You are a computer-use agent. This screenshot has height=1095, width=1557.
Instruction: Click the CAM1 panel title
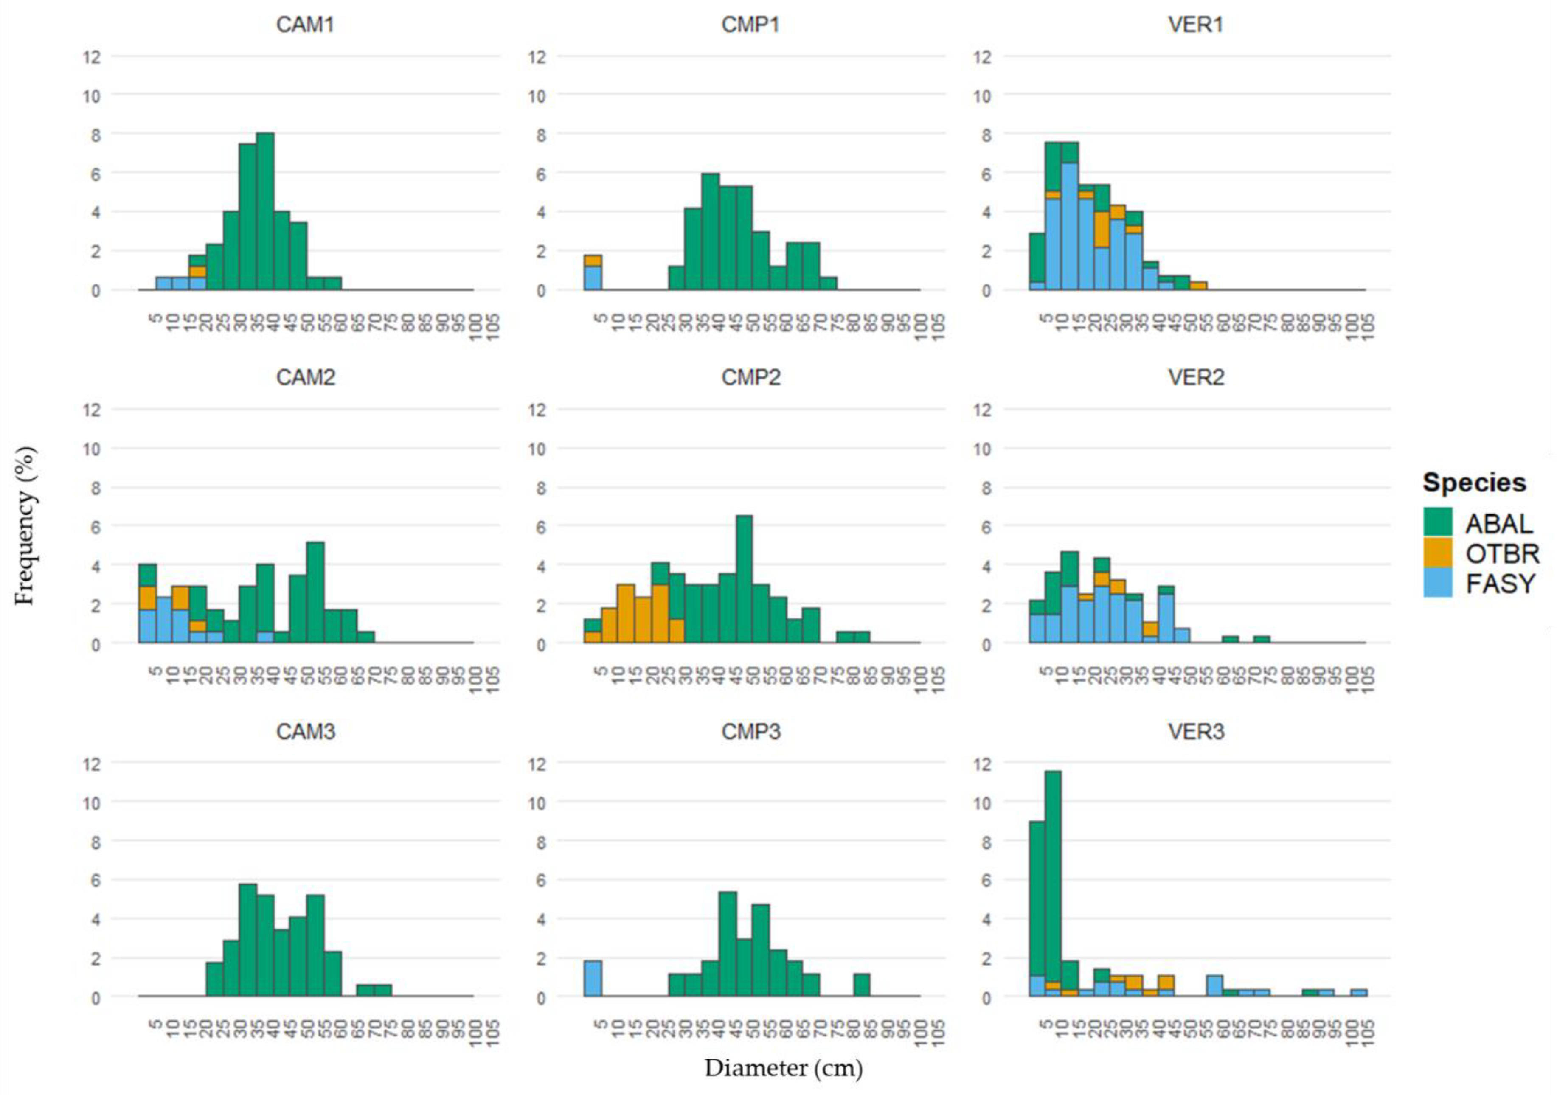(x=305, y=25)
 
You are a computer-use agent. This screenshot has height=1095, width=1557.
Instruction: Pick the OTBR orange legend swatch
(x=1438, y=553)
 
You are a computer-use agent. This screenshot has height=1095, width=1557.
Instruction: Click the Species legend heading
(x=1474, y=482)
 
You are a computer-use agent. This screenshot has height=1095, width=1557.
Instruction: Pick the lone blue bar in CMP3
(x=593, y=978)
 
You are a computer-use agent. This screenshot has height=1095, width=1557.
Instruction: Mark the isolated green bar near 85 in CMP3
(x=861, y=985)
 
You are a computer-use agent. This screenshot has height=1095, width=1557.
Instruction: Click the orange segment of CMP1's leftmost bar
(x=593, y=260)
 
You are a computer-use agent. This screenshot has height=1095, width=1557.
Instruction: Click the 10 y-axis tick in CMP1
(x=537, y=96)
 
